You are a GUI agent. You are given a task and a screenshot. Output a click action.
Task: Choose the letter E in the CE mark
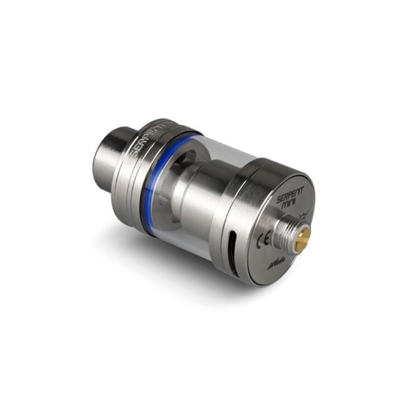click(266, 239)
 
